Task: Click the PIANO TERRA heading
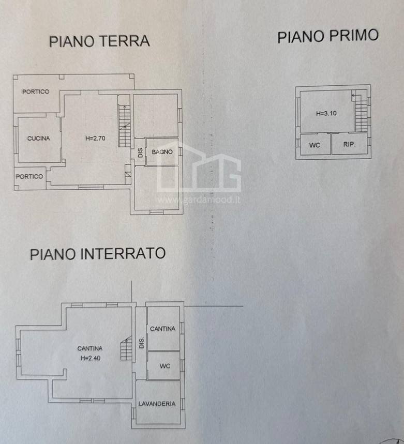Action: point(99,41)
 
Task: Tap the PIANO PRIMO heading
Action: point(328,36)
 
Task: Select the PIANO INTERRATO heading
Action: point(98,254)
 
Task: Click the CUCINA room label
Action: point(39,138)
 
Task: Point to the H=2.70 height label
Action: point(96,138)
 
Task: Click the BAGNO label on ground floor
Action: point(162,152)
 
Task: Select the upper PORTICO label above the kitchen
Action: point(36,92)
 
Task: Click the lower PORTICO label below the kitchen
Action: point(29,176)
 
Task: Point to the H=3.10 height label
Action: point(326,113)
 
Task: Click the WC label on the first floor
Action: point(315,145)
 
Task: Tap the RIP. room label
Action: point(349,145)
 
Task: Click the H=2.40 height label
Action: point(89,357)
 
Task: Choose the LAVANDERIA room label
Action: point(156,404)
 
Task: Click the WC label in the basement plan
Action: point(164,366)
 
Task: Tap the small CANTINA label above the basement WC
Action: point(162,329)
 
